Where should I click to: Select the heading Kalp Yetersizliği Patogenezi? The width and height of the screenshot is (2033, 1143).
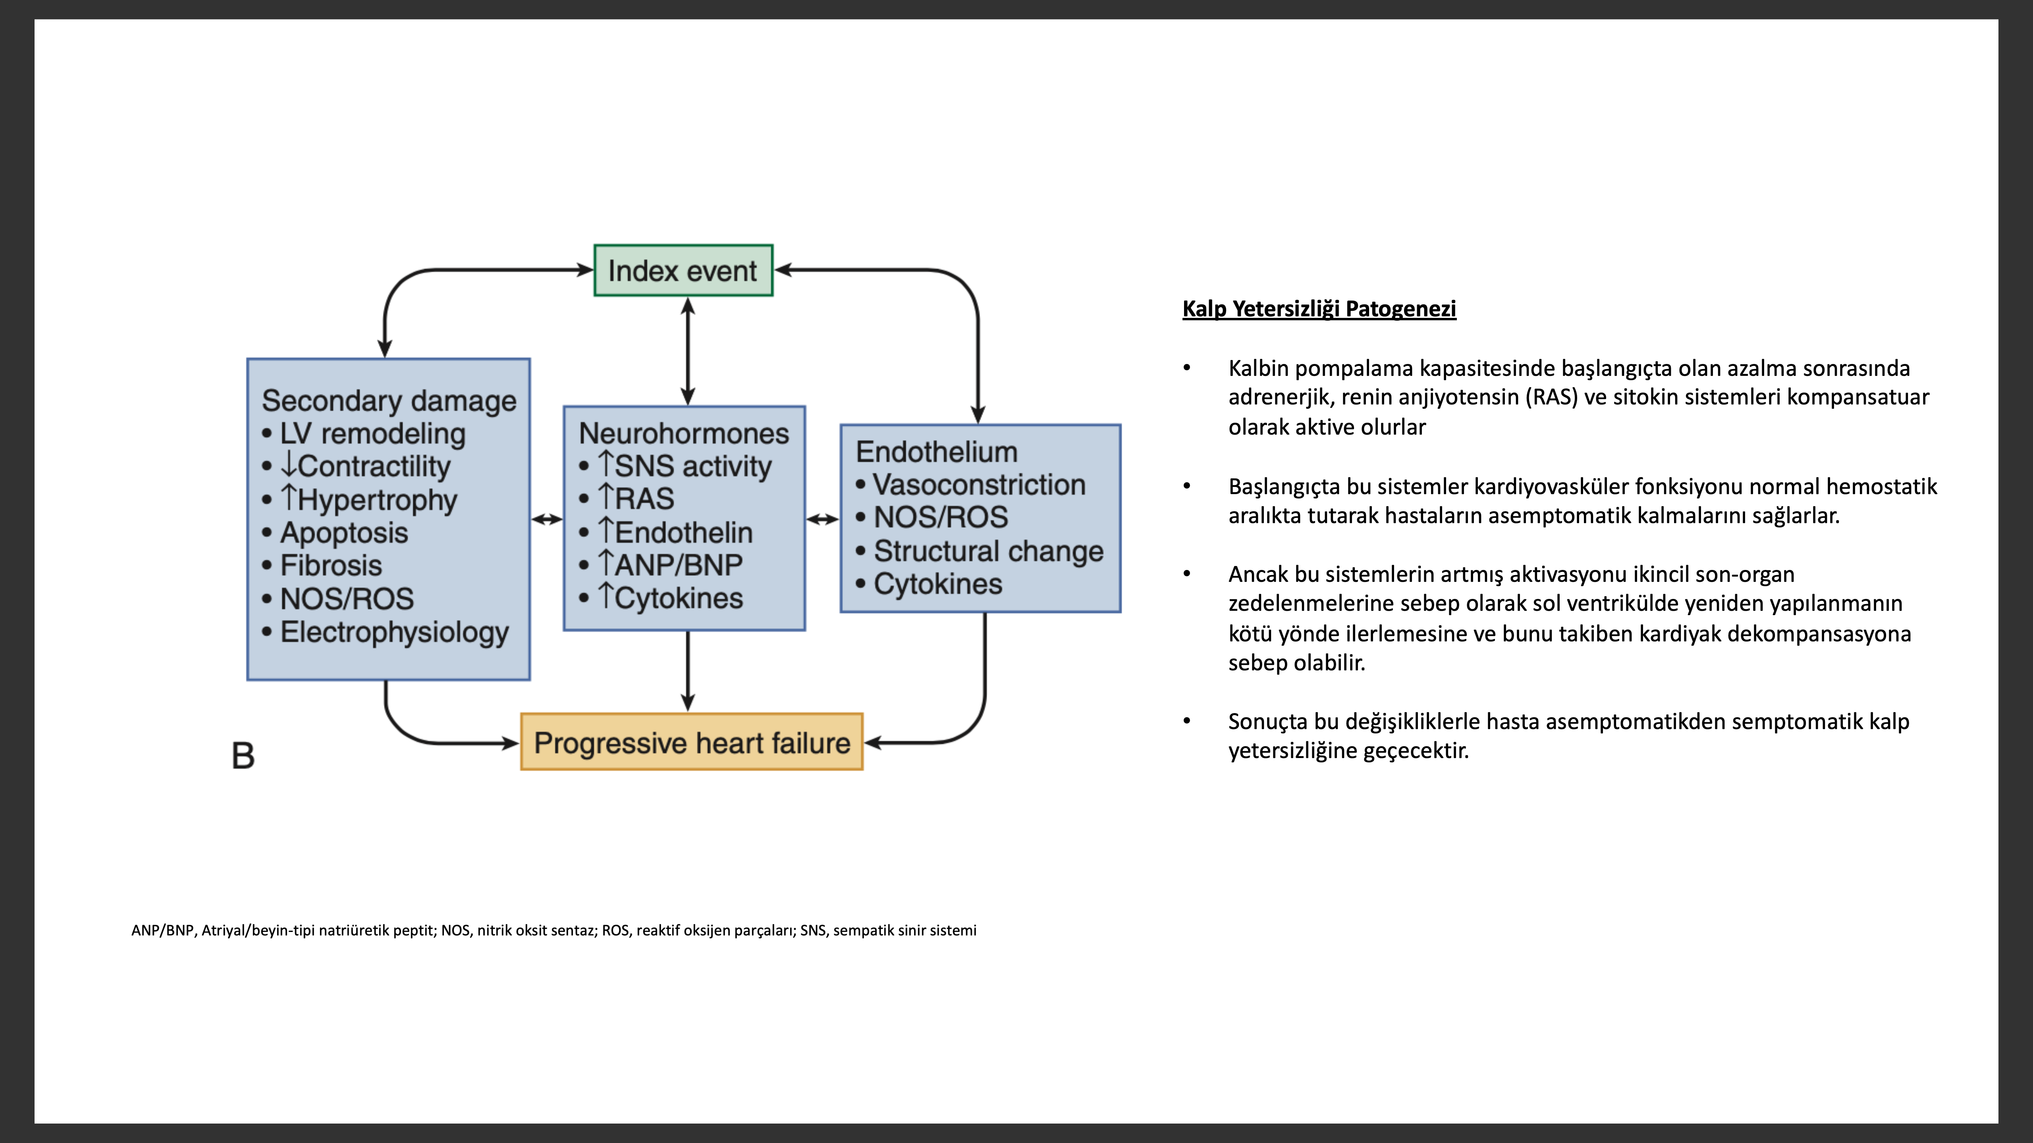[1319, 308]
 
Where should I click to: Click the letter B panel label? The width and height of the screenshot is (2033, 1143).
[243, 756]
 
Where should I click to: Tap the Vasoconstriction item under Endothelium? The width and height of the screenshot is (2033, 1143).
[971, 484]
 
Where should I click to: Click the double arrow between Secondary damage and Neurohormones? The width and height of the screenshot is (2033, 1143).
[547, 519]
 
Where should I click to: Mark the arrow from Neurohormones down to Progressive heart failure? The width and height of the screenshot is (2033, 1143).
[688, 671]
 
